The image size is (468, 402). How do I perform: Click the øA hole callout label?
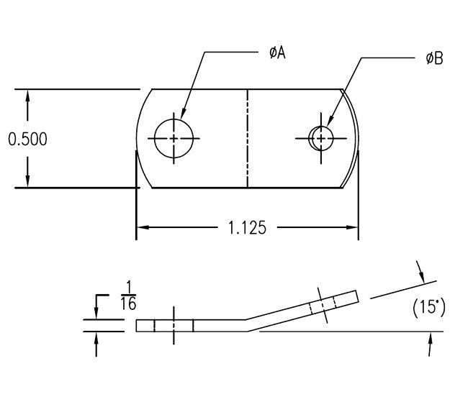click(x=277, y=52)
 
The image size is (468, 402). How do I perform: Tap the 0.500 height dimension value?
click(x=27, y=139)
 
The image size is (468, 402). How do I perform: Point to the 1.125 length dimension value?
click(x=248, y=228)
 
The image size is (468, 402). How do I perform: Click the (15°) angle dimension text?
click(x=429, y=309)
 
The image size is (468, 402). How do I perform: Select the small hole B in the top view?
click(x=320, y=137)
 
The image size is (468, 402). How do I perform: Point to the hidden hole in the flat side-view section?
click(x=174, y=325)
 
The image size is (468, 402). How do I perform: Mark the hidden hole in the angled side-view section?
click(x=321, y=306)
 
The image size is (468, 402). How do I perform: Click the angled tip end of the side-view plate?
click(x=356, y=296)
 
